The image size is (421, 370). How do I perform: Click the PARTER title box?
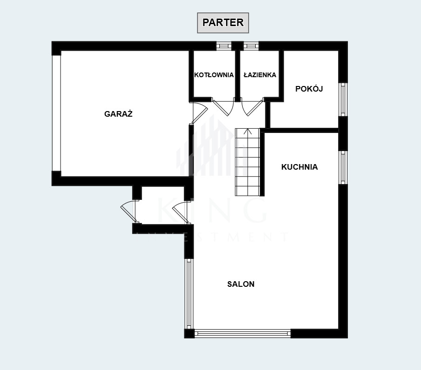pos(223,23)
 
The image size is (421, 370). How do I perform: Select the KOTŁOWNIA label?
pos(214,75)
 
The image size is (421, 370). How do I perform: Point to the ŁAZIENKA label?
pos(260,75)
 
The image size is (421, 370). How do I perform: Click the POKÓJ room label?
pos(309,89)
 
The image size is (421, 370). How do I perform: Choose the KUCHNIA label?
pos(299,167)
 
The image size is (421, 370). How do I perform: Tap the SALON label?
pos(241,284)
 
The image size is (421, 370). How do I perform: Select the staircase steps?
pos(248,162)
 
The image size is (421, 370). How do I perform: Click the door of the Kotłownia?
pos(223,107)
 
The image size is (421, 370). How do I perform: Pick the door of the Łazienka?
pos(252,107)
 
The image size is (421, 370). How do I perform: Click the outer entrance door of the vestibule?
pos(129,211)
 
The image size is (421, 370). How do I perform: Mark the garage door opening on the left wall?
pos(56,113)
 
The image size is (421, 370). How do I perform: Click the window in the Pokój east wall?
pos(343,99)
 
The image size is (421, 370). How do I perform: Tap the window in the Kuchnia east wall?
pos(343,167)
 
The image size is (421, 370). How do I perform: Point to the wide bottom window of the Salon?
pos(243,333)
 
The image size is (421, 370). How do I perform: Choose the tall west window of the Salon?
pos(189,294)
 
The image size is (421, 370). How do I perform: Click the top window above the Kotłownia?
pos(224,46)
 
